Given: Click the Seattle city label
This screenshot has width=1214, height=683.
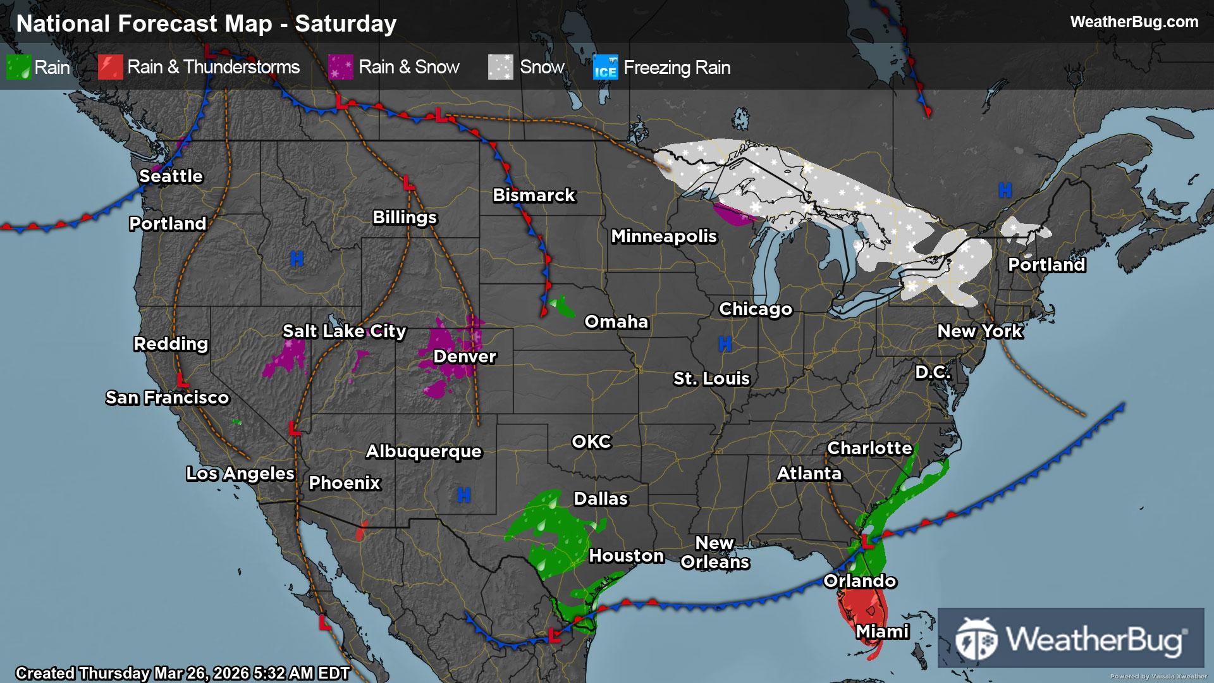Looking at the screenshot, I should (171, 176).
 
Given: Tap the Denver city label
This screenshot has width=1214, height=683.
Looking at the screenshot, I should (465, 357).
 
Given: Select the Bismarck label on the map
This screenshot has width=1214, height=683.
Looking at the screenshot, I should (534, 195).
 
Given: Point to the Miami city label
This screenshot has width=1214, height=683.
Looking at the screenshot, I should (882, 632).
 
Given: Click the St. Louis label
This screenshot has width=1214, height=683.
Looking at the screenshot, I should (711, 379).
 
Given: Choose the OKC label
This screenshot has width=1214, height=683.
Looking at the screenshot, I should (591, 442).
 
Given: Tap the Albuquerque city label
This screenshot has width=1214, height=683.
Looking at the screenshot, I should (424, 452).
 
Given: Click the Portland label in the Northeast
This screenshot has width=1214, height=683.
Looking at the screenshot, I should (1046, 265).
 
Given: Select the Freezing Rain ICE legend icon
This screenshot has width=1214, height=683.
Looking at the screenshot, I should (605, 68).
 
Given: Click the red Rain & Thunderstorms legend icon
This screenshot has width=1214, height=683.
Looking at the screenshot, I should (110, 68).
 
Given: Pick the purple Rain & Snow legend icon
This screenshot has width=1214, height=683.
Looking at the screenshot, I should (341, 68).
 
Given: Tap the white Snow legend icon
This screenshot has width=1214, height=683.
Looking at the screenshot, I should (500, 68).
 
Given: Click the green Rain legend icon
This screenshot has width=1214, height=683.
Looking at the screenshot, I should (18, 68).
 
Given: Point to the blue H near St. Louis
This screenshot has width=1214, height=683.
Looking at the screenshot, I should (725, 344).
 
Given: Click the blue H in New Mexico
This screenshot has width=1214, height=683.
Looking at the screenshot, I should (463, 495).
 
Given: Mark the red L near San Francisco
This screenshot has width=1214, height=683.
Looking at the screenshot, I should (183, 381).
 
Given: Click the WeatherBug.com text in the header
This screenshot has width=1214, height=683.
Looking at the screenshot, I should (1134, 22).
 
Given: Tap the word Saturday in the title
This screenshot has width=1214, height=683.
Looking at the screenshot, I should (346, 24).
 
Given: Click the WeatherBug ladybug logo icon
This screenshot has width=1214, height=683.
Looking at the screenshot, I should (976, 639).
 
